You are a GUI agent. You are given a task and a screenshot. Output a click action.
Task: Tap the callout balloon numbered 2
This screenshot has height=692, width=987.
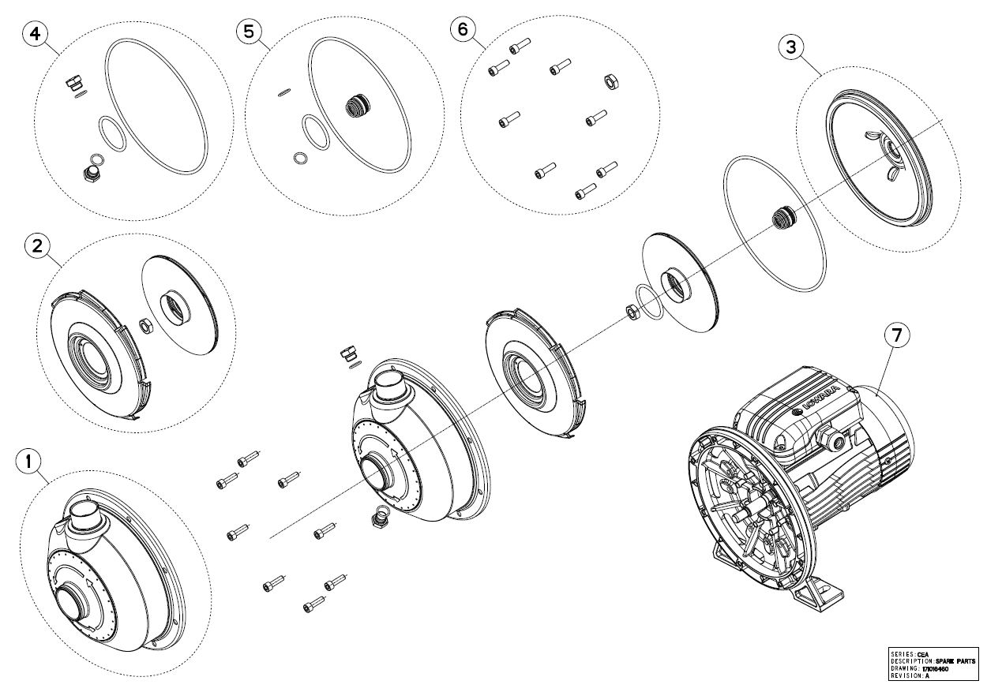[34, 246]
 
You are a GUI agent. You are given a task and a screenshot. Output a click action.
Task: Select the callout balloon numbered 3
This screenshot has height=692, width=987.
[791, 47]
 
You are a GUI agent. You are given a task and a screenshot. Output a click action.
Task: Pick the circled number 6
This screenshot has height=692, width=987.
[463, 29]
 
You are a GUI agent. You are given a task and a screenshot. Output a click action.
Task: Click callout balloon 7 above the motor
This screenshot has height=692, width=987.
[896, 335]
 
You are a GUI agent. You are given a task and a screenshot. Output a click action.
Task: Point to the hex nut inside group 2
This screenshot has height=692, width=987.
[145, 324]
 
